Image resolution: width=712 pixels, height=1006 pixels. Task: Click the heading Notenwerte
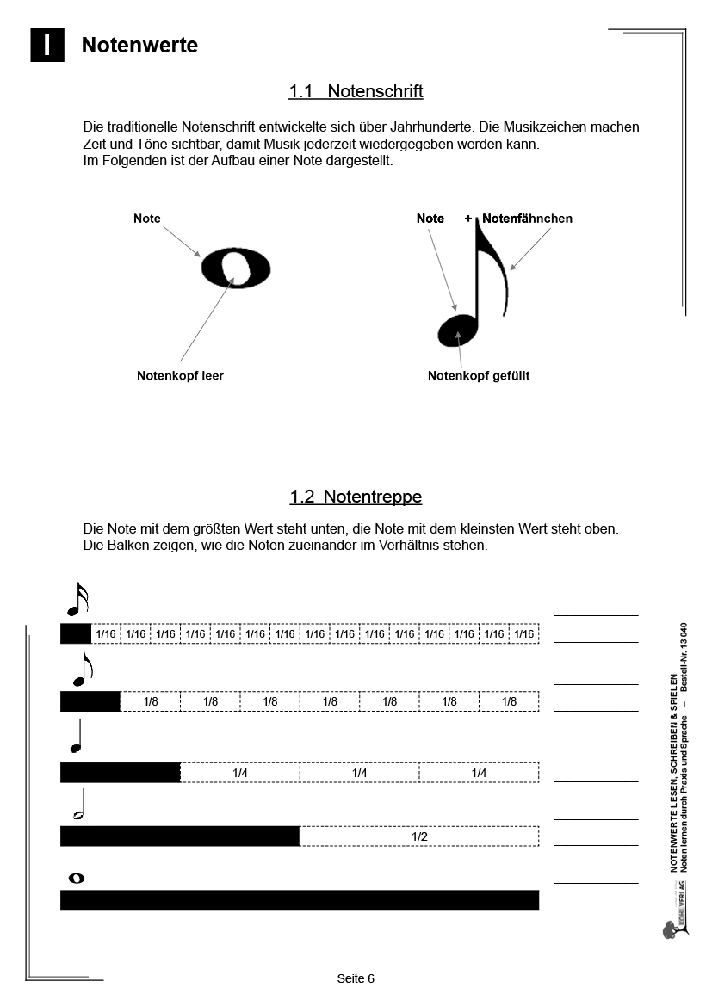pyautogui.click(x=139, y=46)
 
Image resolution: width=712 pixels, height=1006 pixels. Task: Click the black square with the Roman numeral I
pyautogui.click(x=47, y=46)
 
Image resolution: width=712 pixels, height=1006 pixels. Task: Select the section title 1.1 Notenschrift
pyautogui.click(x=356, y=91)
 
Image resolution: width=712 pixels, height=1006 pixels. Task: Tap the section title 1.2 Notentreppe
pyautogui.click(x=356, y=497)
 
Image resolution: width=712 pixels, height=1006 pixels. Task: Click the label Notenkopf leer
pyautogui.click(x=180, y=375)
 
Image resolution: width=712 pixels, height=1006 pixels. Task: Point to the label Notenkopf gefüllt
pyautogui.click(x=479, y=375)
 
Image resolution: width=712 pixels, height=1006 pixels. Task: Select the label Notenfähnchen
pyautogui.click(x=527, y=219)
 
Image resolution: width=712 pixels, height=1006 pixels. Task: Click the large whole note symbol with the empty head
pyautogui.click(x=236, y=268)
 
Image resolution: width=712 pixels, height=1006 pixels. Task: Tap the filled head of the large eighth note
pyautogui.click(x=455, y=330)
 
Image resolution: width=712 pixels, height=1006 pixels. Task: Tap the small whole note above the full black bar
pyautogui.click(x=76, y=878)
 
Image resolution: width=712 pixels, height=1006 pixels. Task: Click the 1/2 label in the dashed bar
pyautogui.click(x=419, y=836)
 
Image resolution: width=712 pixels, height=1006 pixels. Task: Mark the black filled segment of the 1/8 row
pyautogui.click(x=90, y=701)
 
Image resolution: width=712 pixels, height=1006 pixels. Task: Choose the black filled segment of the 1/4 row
pyautogui.click(x=120, y=772)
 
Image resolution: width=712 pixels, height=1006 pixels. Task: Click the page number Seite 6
pyautogui.click(x=356, y=978)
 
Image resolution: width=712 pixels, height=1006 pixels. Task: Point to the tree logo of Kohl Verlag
pyautogui.click(x=671, y=929)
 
